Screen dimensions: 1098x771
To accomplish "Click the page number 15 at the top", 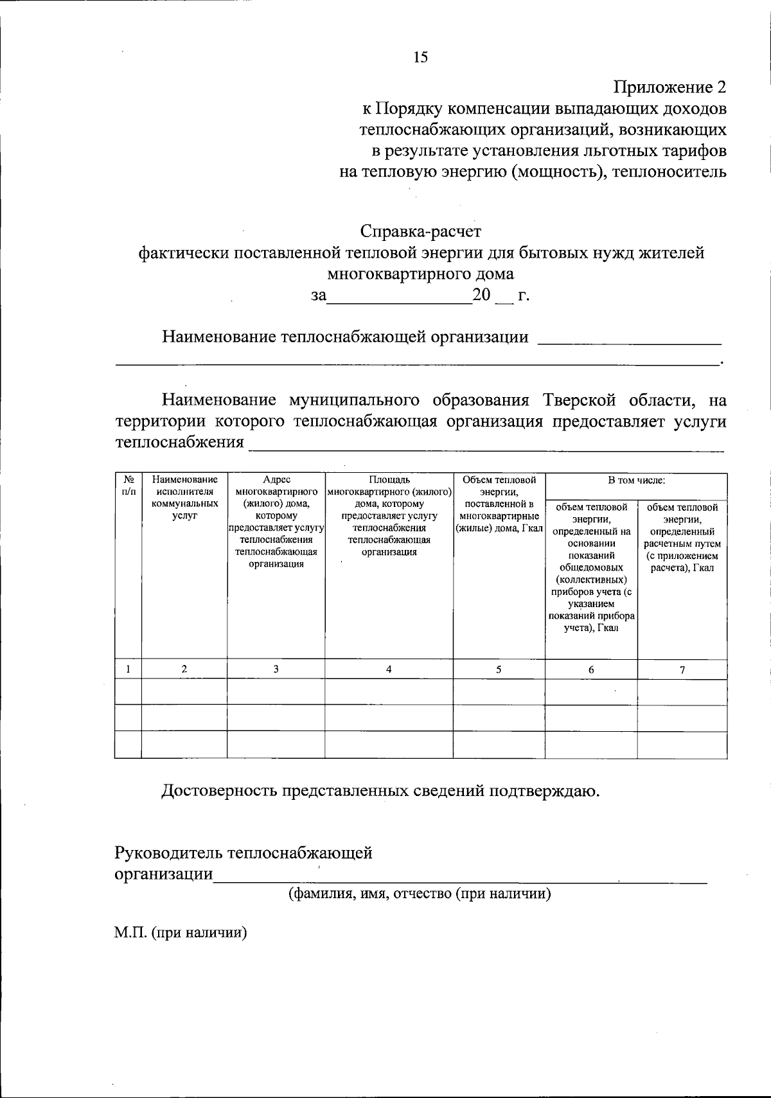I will pyautogui.click(x=420, y=58).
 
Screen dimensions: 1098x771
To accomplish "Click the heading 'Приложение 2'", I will pyautogui.click(x=669, y=87).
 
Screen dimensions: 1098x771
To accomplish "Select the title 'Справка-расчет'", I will pyautogui.click(x=420, y=231).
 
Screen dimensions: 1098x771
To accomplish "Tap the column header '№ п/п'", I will pyautogui.click(x=128, y=485).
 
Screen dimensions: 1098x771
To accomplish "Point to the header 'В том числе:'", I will pyautogui.click(x=636, y=480).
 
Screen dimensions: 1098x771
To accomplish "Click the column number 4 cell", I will pyautogui.click(x=389, y=669).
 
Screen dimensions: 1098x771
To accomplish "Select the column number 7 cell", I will pyautogui.click(x=682, y=669).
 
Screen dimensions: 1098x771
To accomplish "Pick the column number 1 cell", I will pyautogui.click(x=128, y=669).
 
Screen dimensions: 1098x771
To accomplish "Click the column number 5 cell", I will pyautogui.click(x=499, y=669).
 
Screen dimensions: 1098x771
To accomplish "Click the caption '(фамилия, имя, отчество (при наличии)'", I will pyautogui.click(x=419, y=894).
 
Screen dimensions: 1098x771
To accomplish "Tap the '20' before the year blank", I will pyautogui.click(x=481, y=296).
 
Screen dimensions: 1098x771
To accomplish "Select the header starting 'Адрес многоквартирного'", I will pyautogui.click(x=276, y=522).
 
